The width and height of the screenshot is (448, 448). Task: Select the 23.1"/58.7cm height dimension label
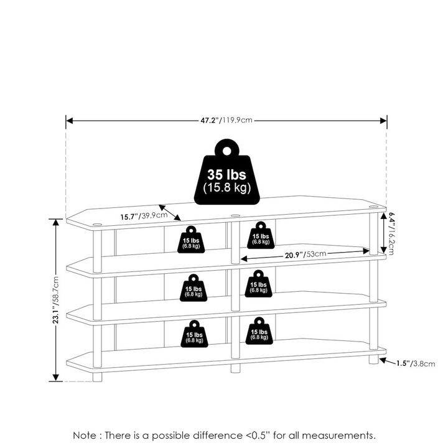click(x=56, y=301)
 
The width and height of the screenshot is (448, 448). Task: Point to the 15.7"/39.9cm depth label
click(x=144, y=216)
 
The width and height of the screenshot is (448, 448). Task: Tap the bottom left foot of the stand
click(x=98, y=376)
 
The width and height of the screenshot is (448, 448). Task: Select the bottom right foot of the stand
click(x=373, y=359)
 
